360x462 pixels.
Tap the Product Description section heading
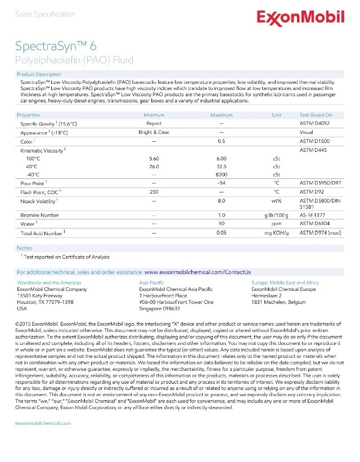click(x=39, y=74)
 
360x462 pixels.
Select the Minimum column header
click(x=154, y=115)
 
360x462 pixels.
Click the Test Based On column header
click(x=316, y=115)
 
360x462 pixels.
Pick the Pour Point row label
click(x=33, y=183)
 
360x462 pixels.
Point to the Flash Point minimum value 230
click(x=154, y=192)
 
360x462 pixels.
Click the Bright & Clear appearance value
click(x=154, y=132)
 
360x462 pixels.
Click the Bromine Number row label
click(x=39, y=216)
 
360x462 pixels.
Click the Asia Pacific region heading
click(x=151, y=283)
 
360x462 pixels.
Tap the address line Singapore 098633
click(x=159, y=308)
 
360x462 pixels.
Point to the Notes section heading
click(x=24, y=248)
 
